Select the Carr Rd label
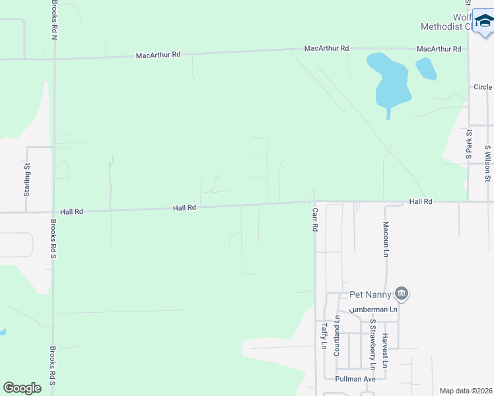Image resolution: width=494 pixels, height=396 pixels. click(315, 218)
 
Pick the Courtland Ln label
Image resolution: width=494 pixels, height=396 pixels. click(336, 337)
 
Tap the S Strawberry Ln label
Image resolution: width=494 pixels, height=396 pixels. click(372, 345)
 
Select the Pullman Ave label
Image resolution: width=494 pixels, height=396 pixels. click(355, 379)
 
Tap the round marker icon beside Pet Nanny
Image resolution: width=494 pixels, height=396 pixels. click(402, 293)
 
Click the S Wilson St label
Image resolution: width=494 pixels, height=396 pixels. click(487, 164)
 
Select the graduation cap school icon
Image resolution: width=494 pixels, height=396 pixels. click(485, 24)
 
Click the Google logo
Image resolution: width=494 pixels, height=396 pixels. click(22, 388)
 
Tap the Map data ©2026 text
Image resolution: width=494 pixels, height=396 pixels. click(466, 391)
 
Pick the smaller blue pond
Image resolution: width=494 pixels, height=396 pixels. click(426, 68)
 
